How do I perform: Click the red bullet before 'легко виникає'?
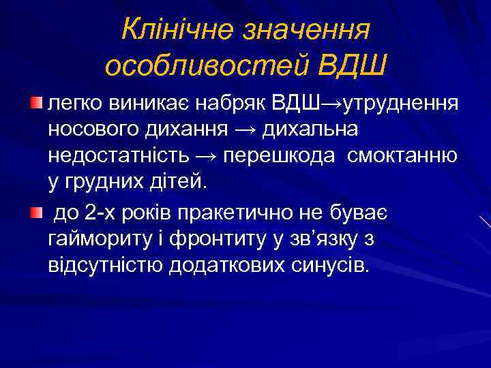click(x=36, y=102)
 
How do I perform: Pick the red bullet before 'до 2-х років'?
click(x=36, y=215)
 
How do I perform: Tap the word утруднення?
click(x=402, y=104)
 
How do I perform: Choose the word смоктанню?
click(x=402, y=155)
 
